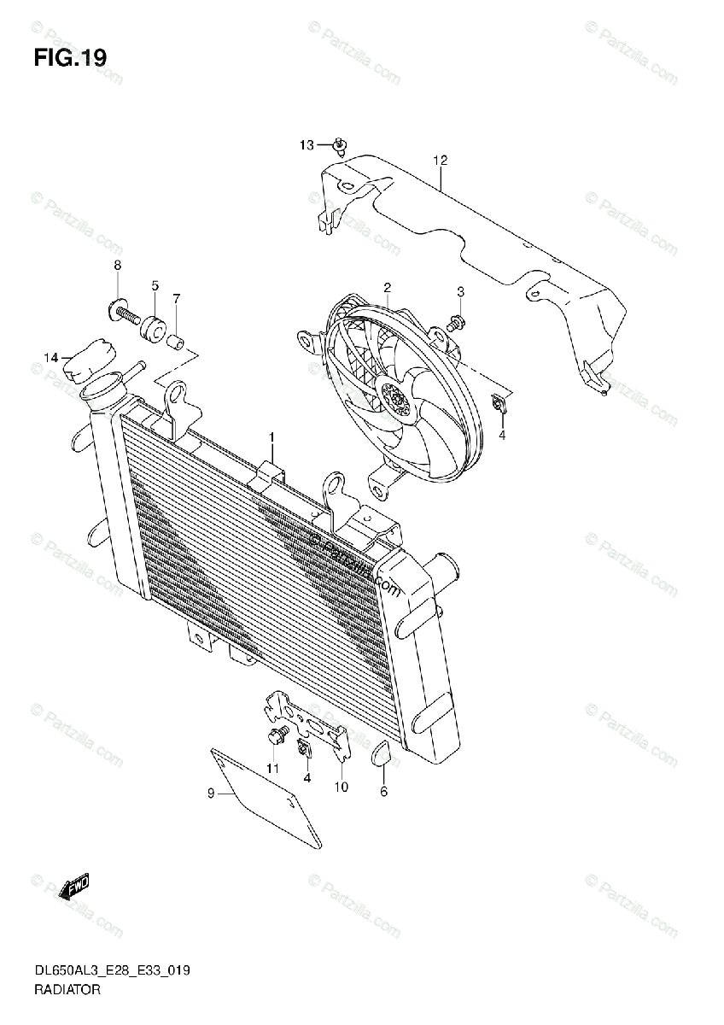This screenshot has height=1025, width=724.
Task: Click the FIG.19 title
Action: (71, 58)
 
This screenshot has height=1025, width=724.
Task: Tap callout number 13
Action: (307, 145)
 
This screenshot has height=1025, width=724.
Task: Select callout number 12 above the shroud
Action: (440, 160)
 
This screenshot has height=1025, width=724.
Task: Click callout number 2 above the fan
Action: (387, 287)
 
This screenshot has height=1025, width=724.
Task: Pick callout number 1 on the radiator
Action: (271, 438)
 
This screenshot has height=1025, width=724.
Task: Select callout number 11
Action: (272, 770)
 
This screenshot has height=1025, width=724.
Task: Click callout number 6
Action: (383, 792)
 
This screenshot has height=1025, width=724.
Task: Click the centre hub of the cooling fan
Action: (394, 398)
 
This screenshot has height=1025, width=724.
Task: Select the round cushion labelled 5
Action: (155, 327)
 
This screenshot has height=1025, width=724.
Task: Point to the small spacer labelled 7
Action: (177, 344)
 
